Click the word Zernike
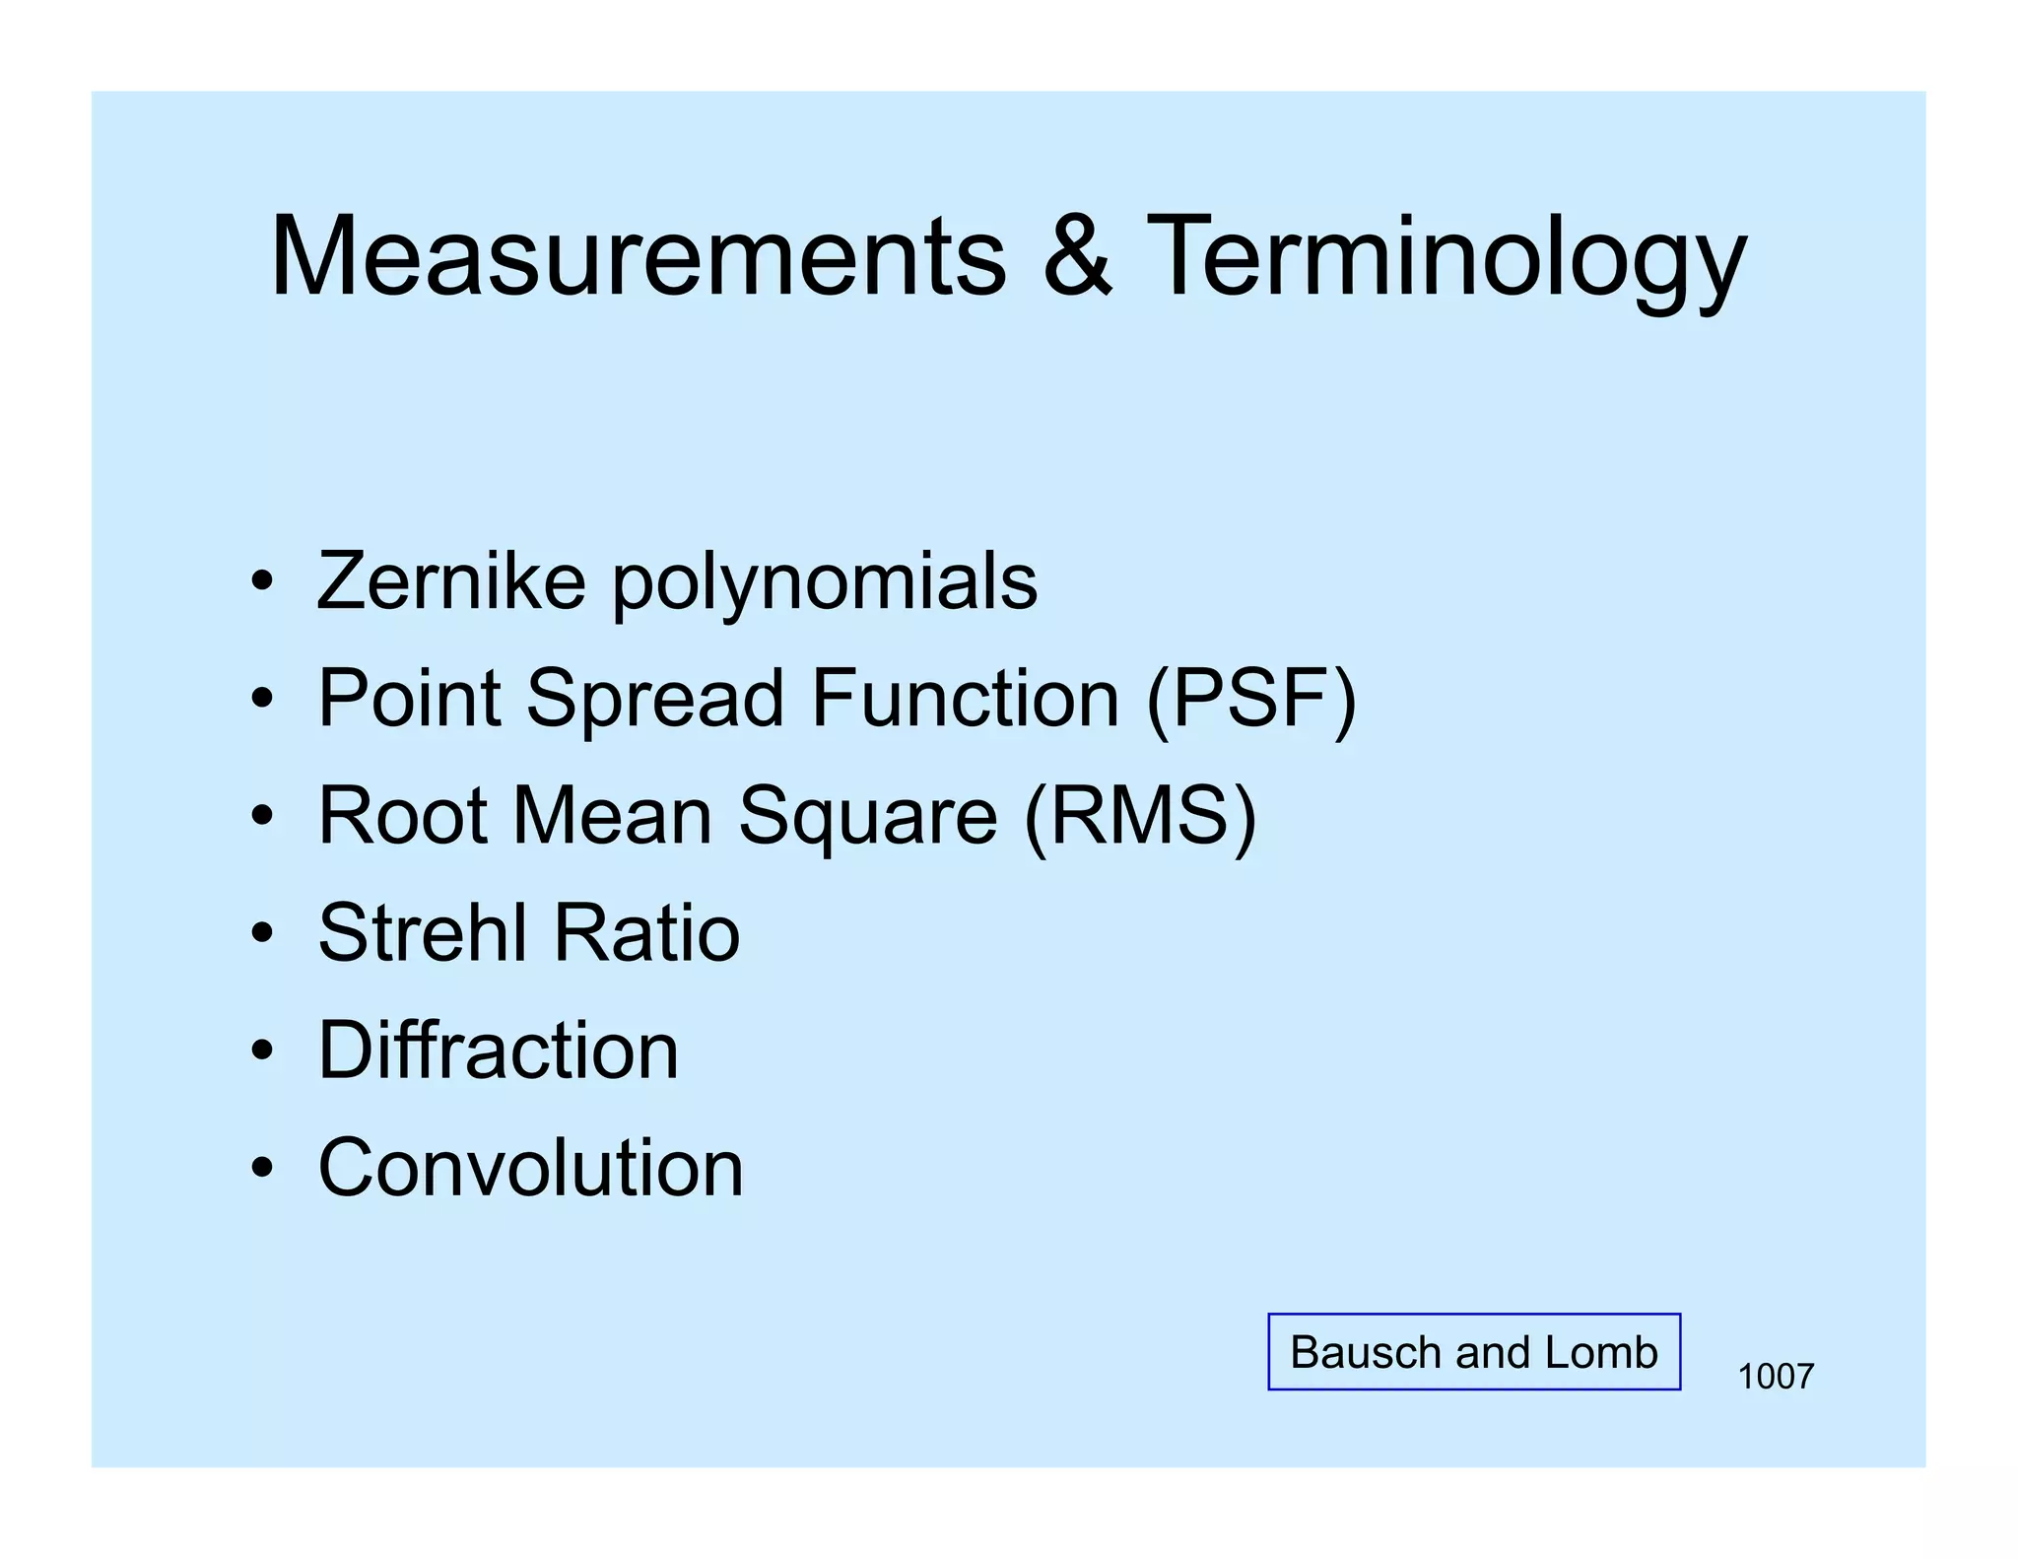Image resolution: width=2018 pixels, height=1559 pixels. [x=451, y=581]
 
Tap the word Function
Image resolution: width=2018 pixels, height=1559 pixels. [x=966, y=698]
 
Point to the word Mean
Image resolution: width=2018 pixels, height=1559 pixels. [x=612, y=816]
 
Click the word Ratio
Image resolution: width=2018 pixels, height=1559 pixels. [x=645, y=932]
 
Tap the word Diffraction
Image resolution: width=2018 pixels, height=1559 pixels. [x=499, y=1051]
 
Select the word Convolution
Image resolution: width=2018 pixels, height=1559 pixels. [x=530, y=1168]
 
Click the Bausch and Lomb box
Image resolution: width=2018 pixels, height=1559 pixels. [x=1474, y=1352]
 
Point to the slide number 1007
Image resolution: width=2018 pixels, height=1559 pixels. [x=1776, y=1377]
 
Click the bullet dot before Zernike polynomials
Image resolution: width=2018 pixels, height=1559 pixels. [x=261, y=581]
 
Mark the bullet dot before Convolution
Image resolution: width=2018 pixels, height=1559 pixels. [x=261, y=1169]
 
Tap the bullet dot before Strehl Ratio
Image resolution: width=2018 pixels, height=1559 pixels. [x=261, y=933]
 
